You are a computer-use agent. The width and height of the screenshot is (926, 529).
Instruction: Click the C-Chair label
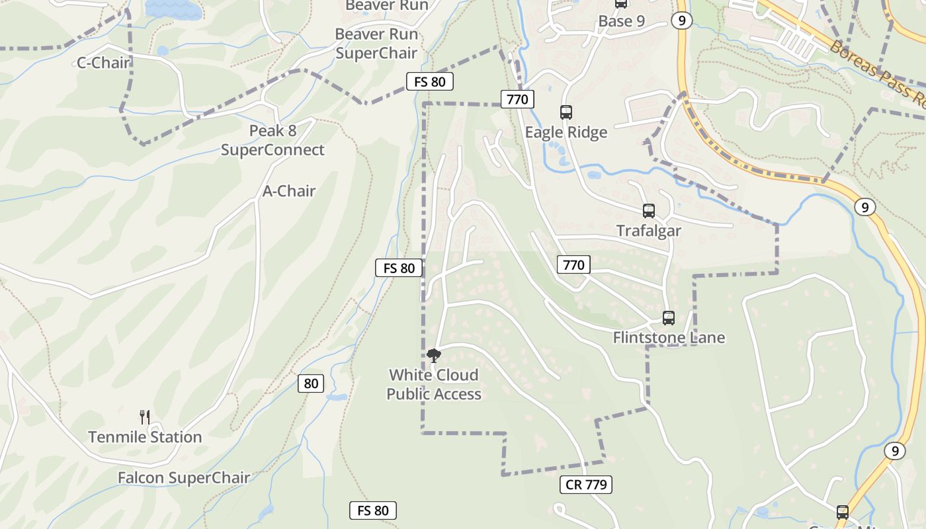pyautogui.click(x=104, y=63)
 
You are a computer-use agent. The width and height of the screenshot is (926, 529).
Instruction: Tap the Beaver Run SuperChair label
pyautogui.click(x=376, y=44)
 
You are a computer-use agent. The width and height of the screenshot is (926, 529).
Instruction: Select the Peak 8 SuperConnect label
pyautogui.click(x=273, y=140)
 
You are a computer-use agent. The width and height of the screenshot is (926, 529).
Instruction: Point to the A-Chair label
pyautogui.click(x=289, y=191)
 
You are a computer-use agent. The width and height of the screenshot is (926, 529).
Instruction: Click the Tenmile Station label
pyautogui.click(x=145, y=437)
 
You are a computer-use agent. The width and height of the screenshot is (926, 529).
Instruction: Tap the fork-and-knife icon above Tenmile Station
pyautogui.click(x=145, y=417)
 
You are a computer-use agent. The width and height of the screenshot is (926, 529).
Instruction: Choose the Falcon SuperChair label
pyautogui.click(x=184, y=477)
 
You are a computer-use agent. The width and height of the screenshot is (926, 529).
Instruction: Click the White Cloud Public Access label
pyautogui.click(x=434, y=384)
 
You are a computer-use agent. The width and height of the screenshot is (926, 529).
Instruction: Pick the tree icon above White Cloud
pyautogui.click(x=434, y=356)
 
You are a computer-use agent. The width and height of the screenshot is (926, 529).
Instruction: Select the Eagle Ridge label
pyautogui.click(x=566, y=132)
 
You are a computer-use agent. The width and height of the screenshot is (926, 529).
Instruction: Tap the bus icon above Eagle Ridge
pyautogui.click(x=566, y=112)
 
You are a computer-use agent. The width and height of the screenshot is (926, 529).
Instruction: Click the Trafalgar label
pyautogui.click(x=649, y=231)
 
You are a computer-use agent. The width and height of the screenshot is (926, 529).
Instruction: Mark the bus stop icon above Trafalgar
pyautogui.click(x=649, y=211)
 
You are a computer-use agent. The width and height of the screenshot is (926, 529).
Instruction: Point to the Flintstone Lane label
pyautogui.click(x=669, y=338)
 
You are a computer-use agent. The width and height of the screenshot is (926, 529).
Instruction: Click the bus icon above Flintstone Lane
pyautogui.click(x=669, y=318)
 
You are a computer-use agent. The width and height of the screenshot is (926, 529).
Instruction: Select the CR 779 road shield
pyautogui.click(x=586, y=485)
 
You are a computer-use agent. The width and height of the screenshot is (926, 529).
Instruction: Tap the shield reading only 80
pyautogui.click(x=311, y=384)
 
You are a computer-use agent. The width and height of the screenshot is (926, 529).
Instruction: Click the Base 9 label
pyautogui.click(x=621, y=21)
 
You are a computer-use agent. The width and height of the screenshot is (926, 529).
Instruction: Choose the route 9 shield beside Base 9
pyautogui.click(x=681, y=21)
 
